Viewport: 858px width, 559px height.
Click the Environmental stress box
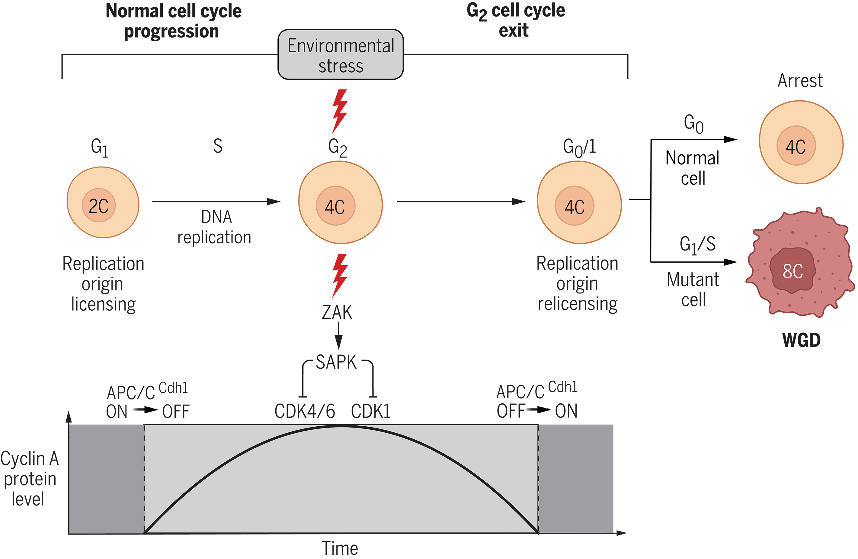pos(340,55)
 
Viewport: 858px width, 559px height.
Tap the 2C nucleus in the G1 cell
pos(98,205)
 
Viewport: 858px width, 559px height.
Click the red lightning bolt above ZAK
pos(339,275)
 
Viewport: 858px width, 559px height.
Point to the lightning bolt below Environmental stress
pos(339,111)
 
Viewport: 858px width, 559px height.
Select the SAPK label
pos(336,362)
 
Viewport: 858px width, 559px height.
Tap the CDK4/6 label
pos(305,411)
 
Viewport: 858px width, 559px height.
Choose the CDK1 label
pos(371,411)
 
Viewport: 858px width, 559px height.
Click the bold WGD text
pos(801,340)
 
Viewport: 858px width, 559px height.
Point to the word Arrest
pos(800,80)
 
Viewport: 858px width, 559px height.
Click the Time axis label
pos(340,548)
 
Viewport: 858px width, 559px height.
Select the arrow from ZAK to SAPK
pos(338,336)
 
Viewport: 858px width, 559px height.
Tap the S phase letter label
pos(217,146)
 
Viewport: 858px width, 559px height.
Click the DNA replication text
pos(215,227)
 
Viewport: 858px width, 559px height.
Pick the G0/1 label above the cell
pos(579,147)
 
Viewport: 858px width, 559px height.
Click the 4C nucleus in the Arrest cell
pos(796,146)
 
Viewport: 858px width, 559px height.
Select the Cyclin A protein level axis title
pos(29,479)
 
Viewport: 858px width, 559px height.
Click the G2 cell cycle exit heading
pos(516,20)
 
